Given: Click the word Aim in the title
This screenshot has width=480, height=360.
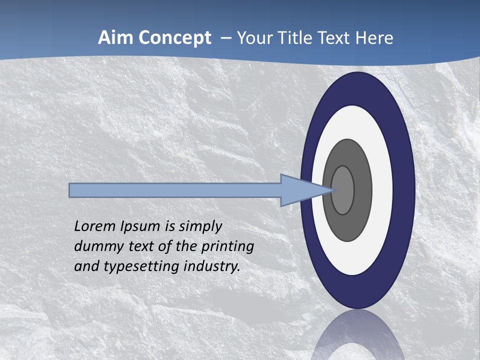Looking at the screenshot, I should pos(116,38).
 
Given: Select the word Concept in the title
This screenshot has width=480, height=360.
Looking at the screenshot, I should pos(174,38).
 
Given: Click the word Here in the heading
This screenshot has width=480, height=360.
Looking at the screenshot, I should pos(374,38).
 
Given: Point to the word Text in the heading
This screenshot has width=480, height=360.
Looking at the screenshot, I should pos(335,38).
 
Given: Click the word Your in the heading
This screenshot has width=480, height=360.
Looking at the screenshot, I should pos(254,38).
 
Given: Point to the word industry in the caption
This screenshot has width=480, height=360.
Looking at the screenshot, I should pos(212,266).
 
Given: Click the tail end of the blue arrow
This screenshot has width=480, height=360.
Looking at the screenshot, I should pos(70,190).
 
